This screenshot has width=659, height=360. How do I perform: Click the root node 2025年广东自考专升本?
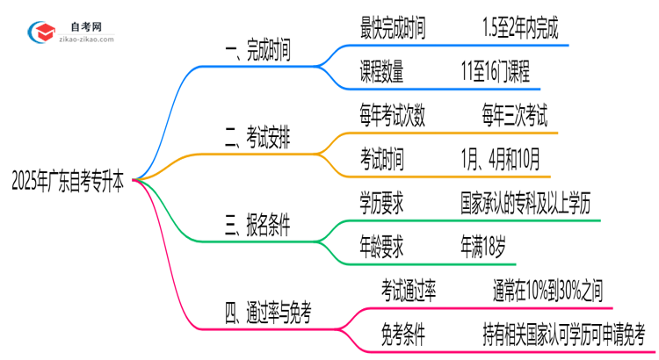point(68,184)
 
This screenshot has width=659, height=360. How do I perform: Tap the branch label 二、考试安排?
point(259,139)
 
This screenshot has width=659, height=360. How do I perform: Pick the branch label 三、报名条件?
point(259,226)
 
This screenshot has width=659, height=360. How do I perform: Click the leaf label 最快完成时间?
point(393,31)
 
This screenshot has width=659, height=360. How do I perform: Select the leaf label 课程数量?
point(382,74)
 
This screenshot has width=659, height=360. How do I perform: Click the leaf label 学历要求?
point(382,203)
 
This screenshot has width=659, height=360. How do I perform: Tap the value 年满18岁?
point(482,247)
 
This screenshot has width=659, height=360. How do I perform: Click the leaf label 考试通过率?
point(409,290)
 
